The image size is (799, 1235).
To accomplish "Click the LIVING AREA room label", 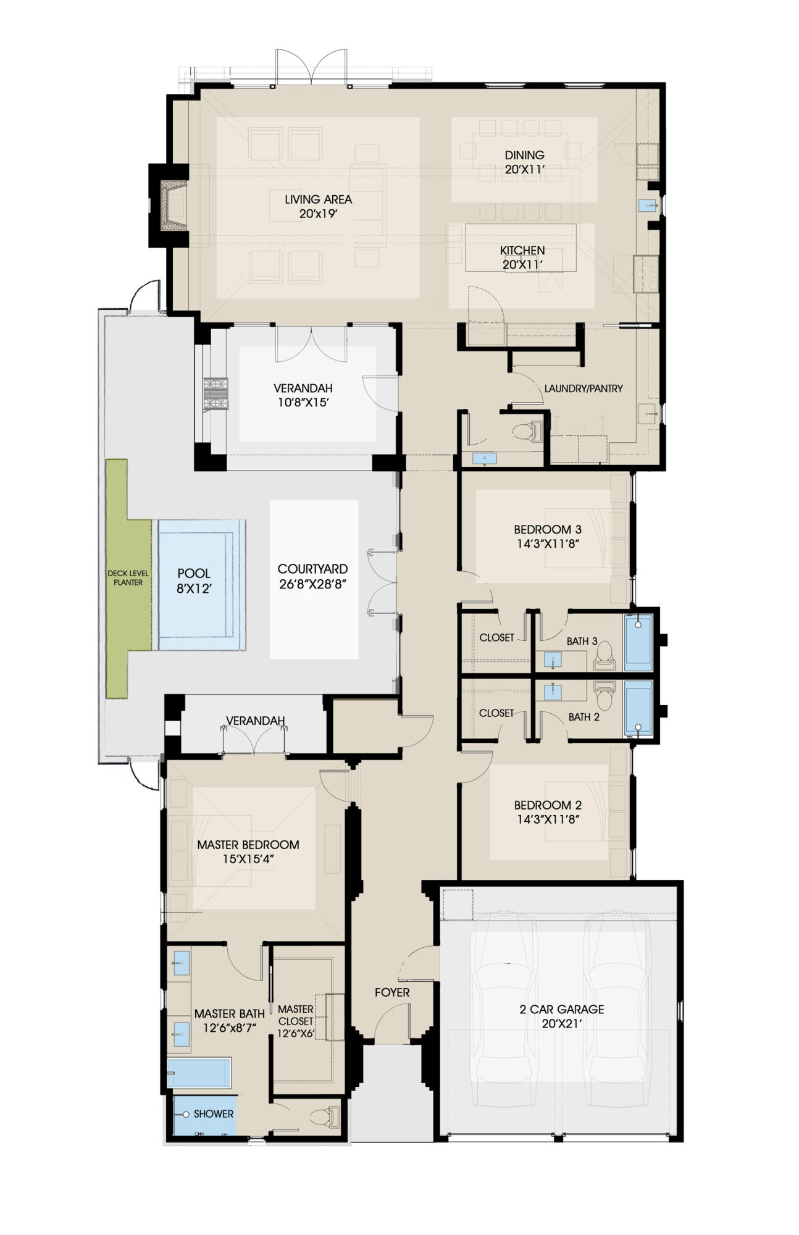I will (318, 199).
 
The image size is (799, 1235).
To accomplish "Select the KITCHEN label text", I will (522, 250).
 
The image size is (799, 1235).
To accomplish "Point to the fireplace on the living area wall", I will (173, 206).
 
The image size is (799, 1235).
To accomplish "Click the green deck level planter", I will (128, 578).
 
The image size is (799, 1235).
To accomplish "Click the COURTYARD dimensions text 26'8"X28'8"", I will (312, 584).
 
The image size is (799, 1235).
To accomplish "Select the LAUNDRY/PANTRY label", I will (583, 388).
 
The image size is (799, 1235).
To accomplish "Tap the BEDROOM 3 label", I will (547, 529).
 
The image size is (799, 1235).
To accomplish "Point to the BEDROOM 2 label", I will (547, 805).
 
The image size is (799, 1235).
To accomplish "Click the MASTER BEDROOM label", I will (248, 845).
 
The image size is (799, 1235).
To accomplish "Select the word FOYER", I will (392, 992).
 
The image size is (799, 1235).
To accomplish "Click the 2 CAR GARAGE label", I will (561, 1009).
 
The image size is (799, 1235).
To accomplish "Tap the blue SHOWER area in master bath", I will (204, 1115).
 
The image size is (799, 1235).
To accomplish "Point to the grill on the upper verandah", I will (216, 394).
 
